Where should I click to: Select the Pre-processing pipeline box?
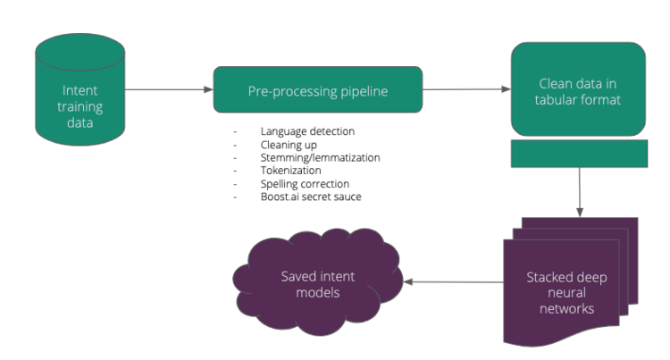click(x=317, y=90)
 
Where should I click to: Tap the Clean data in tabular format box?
click(x=578, y=89)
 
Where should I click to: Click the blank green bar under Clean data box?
click(x=578, y=154)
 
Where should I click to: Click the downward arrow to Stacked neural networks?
click(x=580, y=191)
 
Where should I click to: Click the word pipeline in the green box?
click(x=360, y=91)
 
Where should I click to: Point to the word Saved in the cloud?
click(x=298, y=277)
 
